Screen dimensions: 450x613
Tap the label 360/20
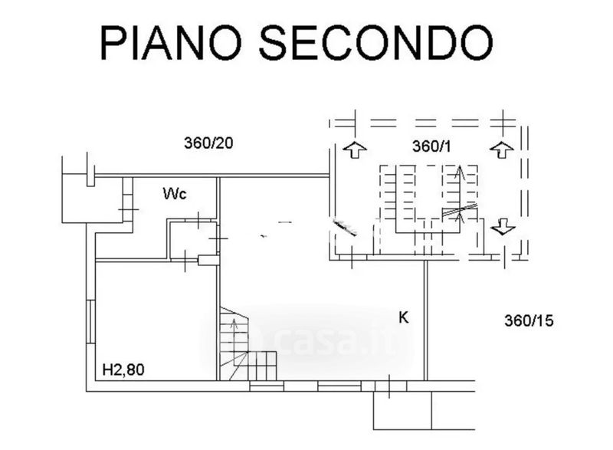pos(209,143)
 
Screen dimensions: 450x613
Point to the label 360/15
pos(528,321)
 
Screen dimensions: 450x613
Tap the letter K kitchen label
pos(402,317)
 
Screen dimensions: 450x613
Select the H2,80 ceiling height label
pos(124,370)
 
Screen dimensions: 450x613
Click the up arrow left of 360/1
pos(353,149)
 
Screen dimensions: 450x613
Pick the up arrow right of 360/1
pos(501,149)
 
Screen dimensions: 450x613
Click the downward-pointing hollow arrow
pos(503,226)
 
